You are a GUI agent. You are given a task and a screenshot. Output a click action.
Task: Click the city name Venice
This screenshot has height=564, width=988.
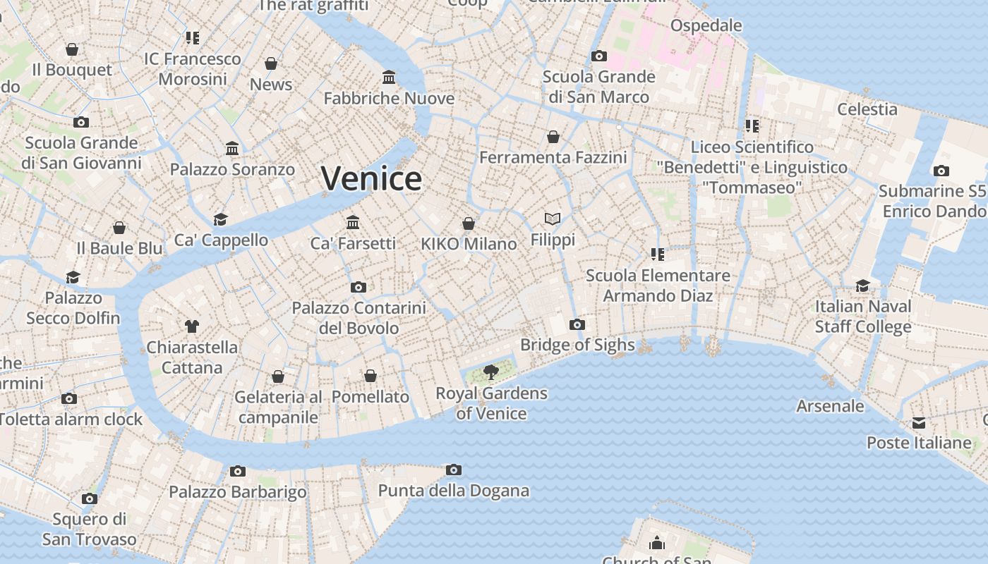click(x=371, y=178)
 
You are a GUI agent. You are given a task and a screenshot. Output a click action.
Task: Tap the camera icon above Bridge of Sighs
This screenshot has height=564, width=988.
click(x=577, y=324)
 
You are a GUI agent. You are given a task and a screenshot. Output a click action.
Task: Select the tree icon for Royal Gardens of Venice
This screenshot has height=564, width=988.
click(x=491, y=372)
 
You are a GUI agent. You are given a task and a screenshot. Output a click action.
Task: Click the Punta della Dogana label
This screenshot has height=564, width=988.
click(x=454, y=491)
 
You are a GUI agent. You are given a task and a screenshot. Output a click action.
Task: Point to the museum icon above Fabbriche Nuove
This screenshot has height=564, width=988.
click(x=389, y=77)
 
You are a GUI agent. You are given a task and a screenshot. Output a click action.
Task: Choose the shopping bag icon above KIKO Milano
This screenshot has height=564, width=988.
click(x=469, y=223)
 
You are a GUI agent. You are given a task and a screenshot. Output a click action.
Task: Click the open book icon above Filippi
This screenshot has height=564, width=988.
click(x=553, y=219)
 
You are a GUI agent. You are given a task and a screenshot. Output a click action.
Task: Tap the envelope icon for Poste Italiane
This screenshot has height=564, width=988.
click(x=919, y=422)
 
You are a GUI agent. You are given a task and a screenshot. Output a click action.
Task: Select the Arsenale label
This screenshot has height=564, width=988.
click(x=830, y=406)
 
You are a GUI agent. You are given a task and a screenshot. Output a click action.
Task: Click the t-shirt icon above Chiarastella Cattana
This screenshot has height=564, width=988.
click(x=192, y=326)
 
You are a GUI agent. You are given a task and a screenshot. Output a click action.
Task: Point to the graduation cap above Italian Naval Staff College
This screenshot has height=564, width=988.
click(x=863, y=286)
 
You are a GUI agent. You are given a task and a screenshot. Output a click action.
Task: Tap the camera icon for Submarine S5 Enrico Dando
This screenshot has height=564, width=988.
click(x=941, y=171)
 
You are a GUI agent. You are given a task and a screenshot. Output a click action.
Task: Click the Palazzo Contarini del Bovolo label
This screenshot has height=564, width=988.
click(x=359, y=318)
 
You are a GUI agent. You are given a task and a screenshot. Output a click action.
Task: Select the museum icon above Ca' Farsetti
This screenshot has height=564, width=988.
click(x=353, y=223)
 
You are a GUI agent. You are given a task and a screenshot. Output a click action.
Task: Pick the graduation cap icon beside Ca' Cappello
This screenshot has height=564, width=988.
click(x=221, y=219)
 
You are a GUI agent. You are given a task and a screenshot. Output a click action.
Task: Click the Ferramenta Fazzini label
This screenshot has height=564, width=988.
click(x=553, y=157)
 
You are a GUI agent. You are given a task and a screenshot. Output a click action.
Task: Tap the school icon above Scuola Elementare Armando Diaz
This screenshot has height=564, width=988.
click(x=658, y=254)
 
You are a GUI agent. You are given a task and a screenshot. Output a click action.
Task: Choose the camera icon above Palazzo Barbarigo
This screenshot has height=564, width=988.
click(x=238, y=471)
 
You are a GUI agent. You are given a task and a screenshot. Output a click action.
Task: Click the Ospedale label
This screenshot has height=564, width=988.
click(x=706, y=26)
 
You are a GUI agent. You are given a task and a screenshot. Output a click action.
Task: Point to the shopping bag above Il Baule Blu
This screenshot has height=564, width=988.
click(x=119, y=228)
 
